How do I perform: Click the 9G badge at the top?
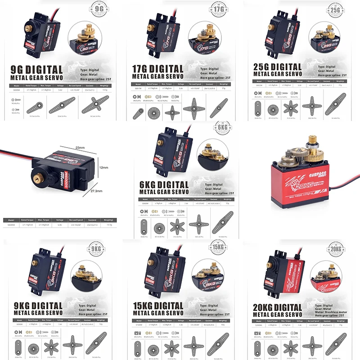pyautogui.click(x=100, y=9)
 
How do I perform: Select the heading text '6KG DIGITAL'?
pyautogui.click(x=157, y=185)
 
